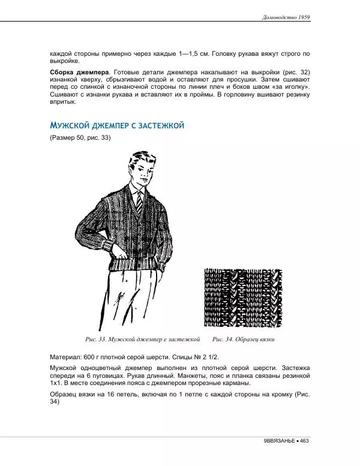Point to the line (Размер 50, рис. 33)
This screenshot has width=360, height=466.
pyautogui.click(x=80, y=139)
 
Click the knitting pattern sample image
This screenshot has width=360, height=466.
pyautogui.click(x=243, y=296)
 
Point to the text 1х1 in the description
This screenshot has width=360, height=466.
pyautogui.click(x=56, y=383)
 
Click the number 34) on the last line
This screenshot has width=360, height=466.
pyautogui.click(x=55, y=402)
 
